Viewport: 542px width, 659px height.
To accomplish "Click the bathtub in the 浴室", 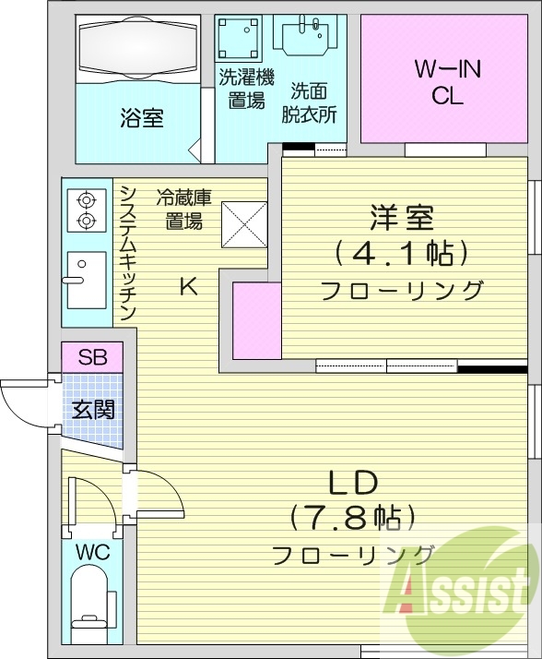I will pyautogui.click(x=138, y=49).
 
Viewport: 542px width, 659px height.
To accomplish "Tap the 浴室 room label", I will pyautogui.click(x=141, y=118).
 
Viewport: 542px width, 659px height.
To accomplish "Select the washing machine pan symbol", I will pyautogui.click(x=241, y=40).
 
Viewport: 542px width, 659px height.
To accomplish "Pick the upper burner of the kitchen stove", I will pyautogui.click(x=86, y=198).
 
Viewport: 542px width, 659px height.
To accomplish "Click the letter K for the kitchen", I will pyautogui.click(x=187, y=286).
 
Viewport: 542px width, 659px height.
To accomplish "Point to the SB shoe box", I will pyautogui.click(x=91, y=357).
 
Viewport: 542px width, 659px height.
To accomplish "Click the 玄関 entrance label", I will pyautogui.click(x=93, y=409).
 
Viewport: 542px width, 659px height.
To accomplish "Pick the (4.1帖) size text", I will pyautogui.click(x=403, y=252).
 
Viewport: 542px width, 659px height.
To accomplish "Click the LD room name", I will pyautogui.click(x=352, y=484).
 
